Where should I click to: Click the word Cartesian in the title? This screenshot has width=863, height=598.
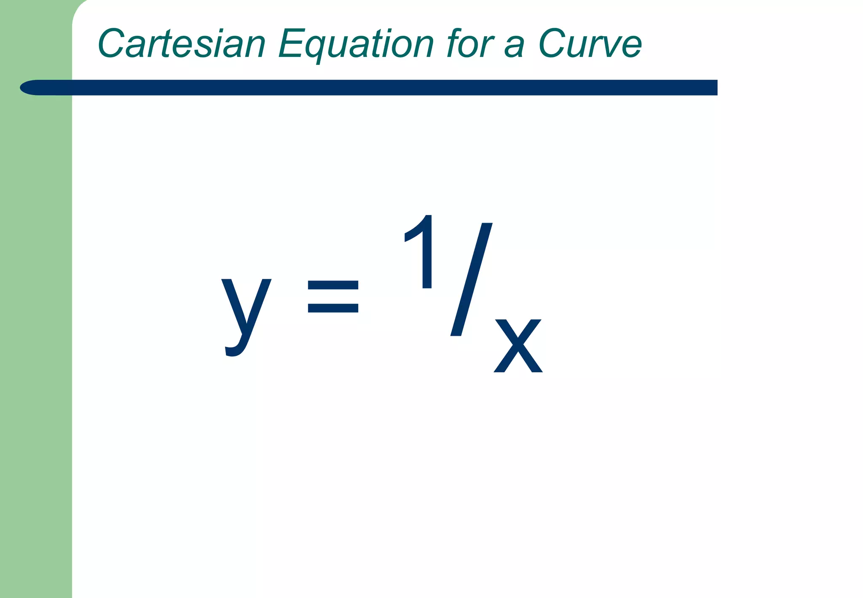(182, 43)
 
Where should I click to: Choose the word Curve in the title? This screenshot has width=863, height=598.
(590, 43)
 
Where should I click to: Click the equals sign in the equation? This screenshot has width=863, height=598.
(333, 297)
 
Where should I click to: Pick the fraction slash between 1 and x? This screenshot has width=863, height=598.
(471, 279)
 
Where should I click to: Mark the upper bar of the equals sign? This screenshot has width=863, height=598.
(333, 286)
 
